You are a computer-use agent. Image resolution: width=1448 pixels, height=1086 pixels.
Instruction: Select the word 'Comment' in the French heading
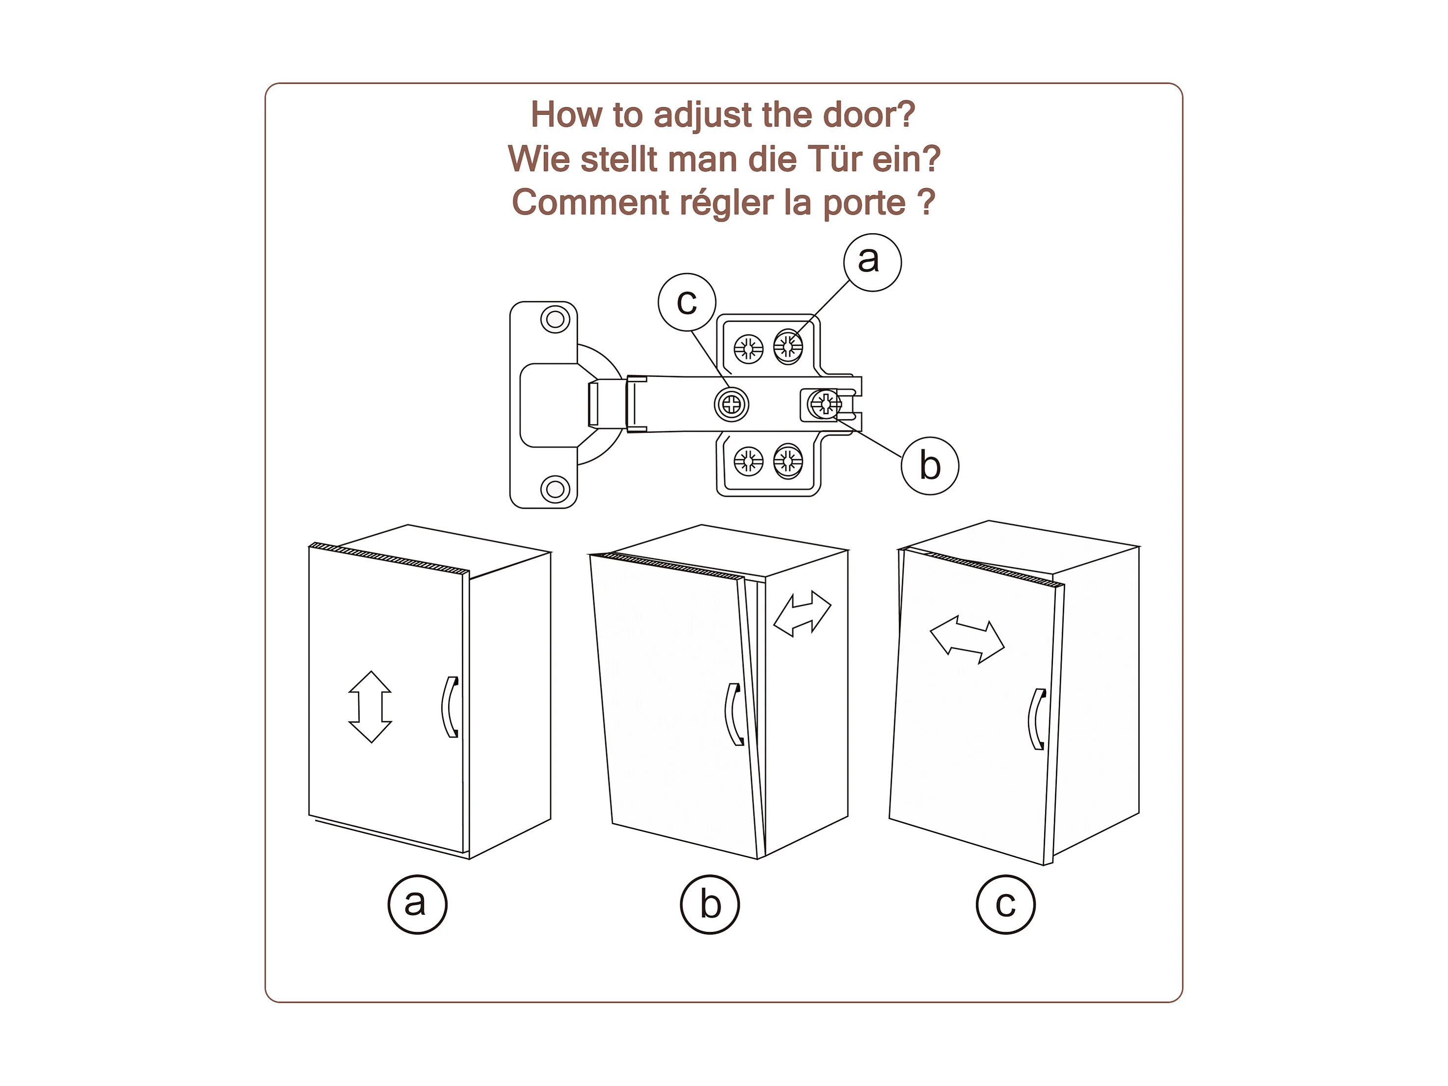click(x=590, y=202)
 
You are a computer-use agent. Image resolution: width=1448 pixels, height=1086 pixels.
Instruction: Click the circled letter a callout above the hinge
click(x=872, y=262)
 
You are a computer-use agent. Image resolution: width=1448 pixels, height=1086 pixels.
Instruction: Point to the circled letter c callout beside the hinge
click(x=687, y=302)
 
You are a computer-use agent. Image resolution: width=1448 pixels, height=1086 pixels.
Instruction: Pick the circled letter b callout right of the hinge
click(x=930, y=465)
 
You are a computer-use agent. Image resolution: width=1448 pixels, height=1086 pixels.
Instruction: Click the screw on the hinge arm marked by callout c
click(x=731, y=405)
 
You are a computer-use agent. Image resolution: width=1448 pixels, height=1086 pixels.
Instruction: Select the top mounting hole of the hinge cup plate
click(x=555, y=320)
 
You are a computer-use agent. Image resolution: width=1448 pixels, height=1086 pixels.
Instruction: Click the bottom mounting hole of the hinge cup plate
click(x=555, y=489)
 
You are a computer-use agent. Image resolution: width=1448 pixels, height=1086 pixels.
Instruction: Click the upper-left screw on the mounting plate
click(x=748, y=348)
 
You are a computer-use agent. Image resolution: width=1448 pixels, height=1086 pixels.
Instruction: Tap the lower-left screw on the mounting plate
click(x=748, y=462)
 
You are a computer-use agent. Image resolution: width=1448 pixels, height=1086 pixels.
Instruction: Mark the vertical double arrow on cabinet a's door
click(x=370, y=707)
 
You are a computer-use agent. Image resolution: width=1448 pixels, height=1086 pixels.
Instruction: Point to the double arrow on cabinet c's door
click(x=967, y=640)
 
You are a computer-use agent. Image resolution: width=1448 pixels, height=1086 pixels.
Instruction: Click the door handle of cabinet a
click(x=450, y=707)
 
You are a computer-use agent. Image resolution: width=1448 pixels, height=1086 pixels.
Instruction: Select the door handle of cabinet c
click(x=1037, y=719)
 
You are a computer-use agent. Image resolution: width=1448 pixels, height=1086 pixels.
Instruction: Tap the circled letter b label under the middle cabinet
click(x=710, y=905)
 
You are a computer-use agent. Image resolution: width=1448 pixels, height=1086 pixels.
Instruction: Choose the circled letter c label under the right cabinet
click(x=1005, y=905)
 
